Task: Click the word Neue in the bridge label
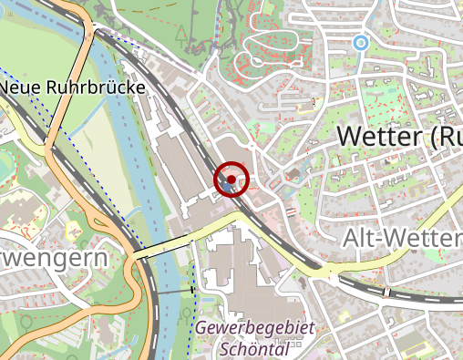24,88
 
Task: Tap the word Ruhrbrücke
98,88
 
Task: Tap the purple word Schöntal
254,348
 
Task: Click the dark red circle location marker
231,180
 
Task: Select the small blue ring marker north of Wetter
361,42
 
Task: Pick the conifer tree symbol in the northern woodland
183,37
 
